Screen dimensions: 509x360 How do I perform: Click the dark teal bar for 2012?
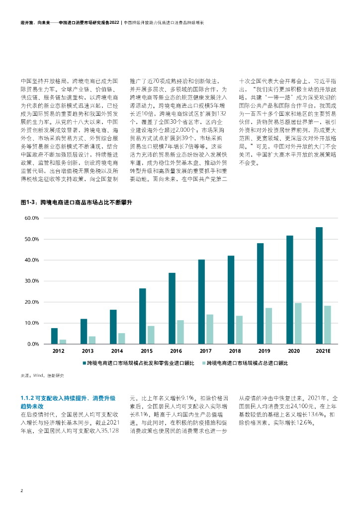54,336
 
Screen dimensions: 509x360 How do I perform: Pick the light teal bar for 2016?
180,332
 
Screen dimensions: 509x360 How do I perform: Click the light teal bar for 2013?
92,340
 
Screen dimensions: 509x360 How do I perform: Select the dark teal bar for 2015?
142,316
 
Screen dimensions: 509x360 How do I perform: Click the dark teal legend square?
85,363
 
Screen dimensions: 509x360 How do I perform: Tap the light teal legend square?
204,363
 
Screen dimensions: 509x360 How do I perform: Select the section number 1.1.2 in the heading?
27,398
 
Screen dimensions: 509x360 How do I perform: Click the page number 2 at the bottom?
21,490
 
